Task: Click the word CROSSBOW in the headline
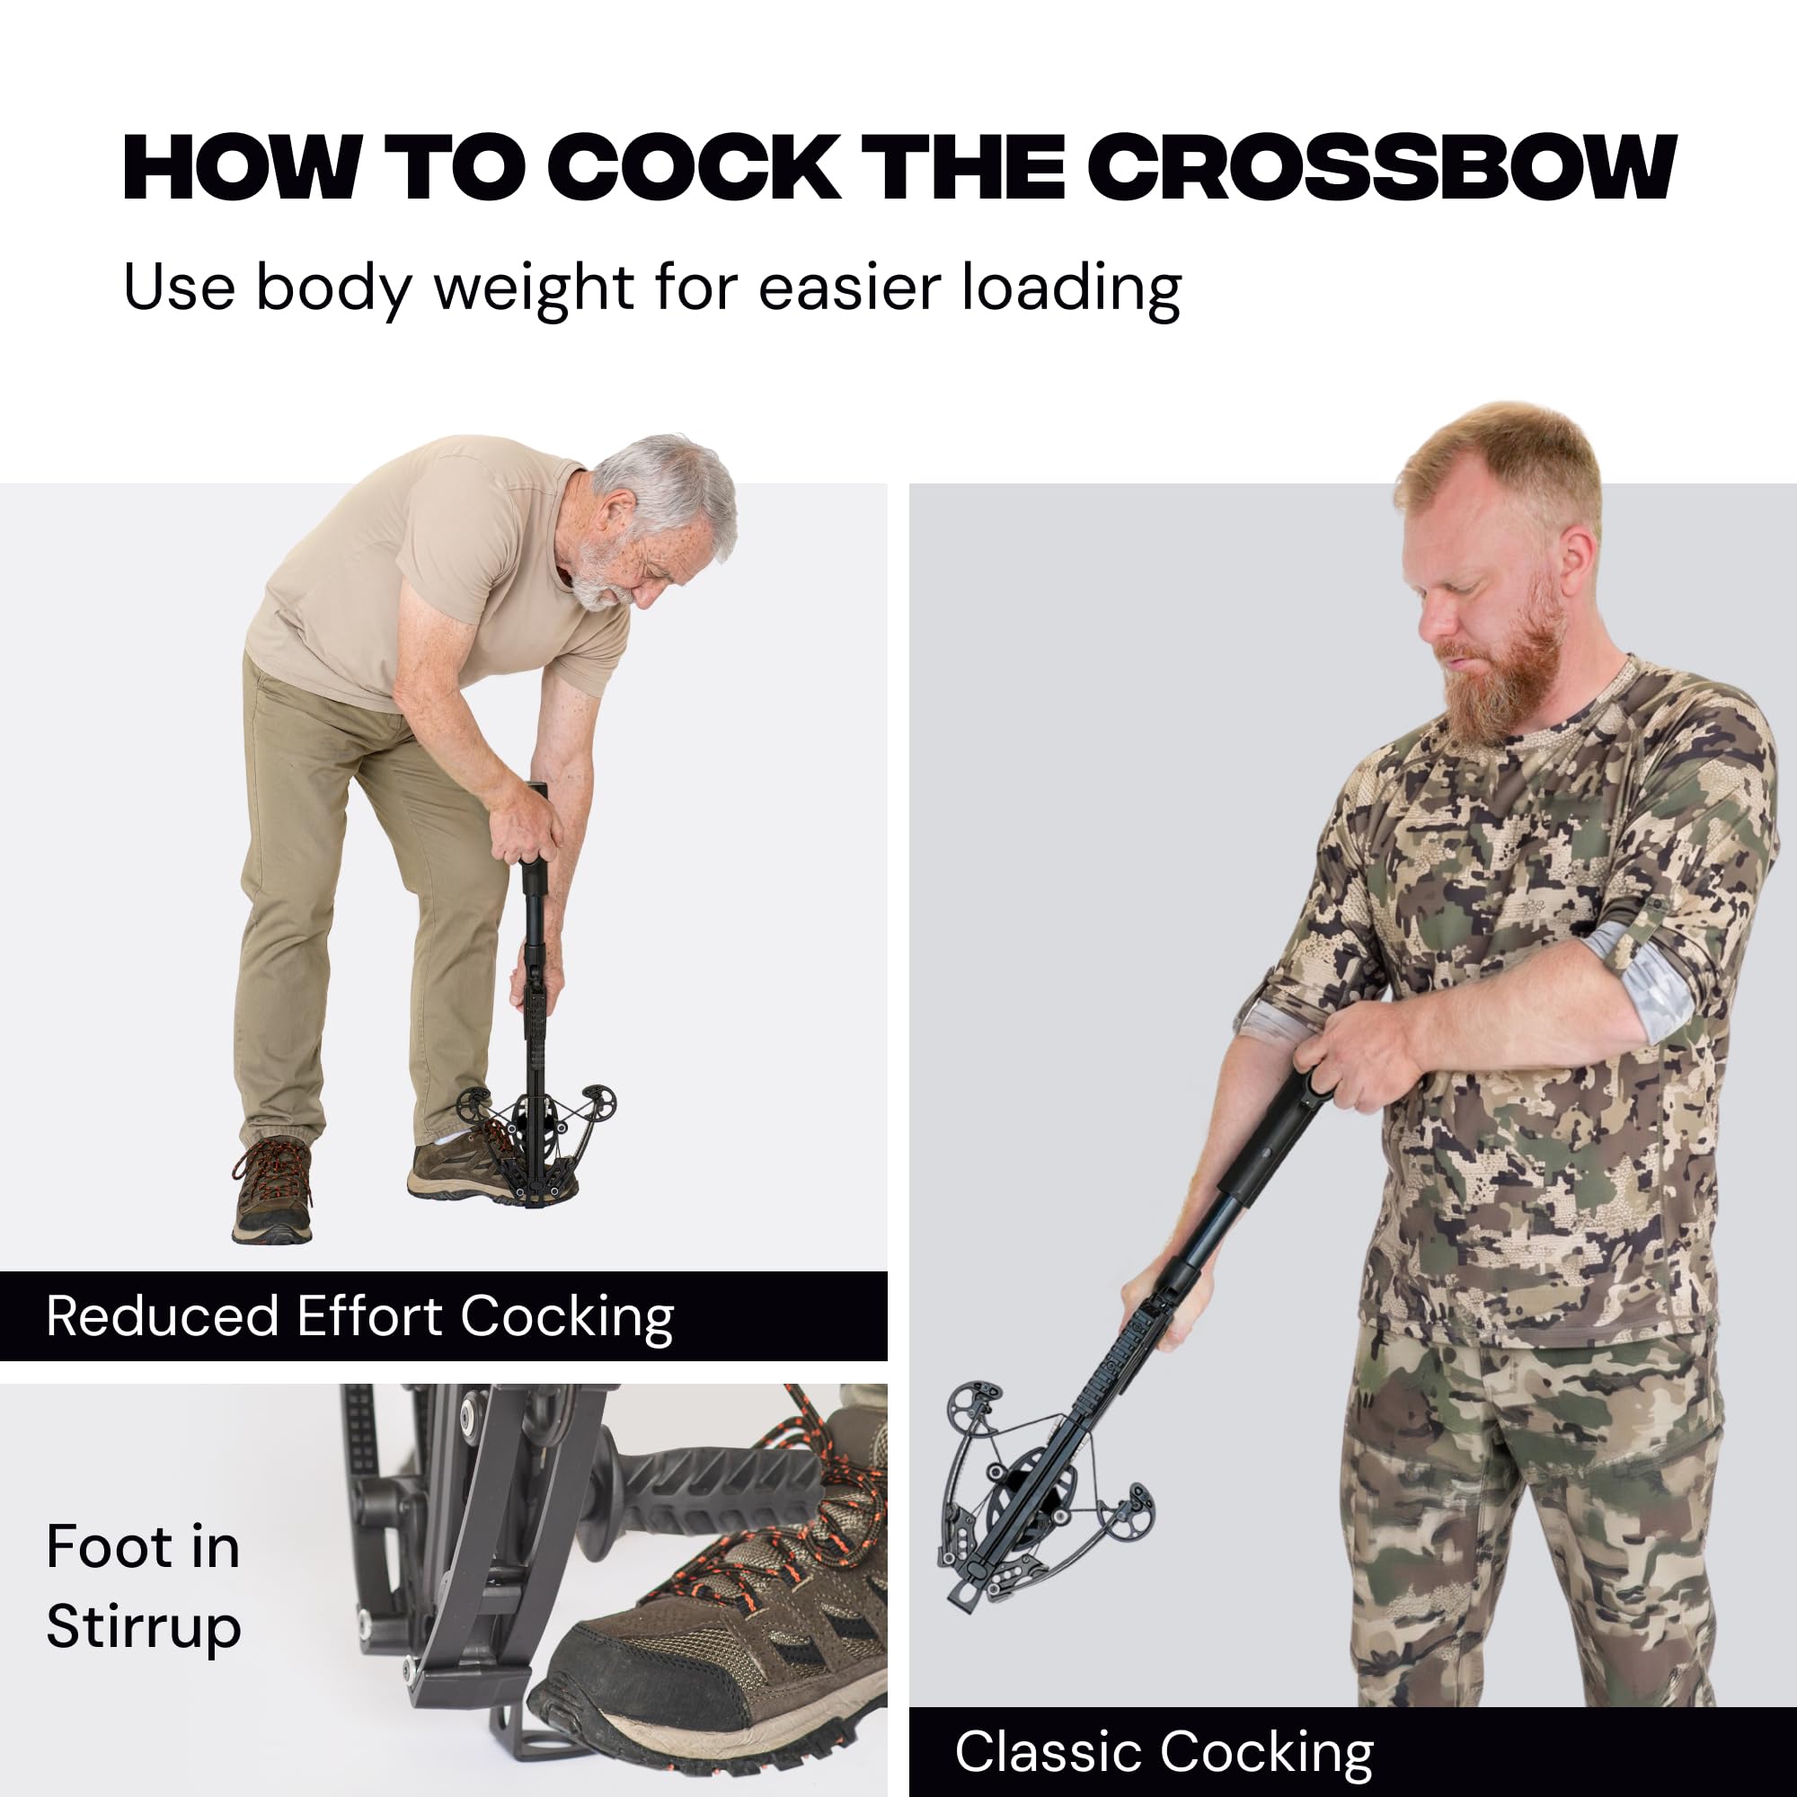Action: coord(1382,167)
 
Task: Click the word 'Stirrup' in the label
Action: coord(143,1630)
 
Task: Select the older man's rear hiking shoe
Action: coord(271,1190)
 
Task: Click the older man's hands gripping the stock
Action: coord(526,823)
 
